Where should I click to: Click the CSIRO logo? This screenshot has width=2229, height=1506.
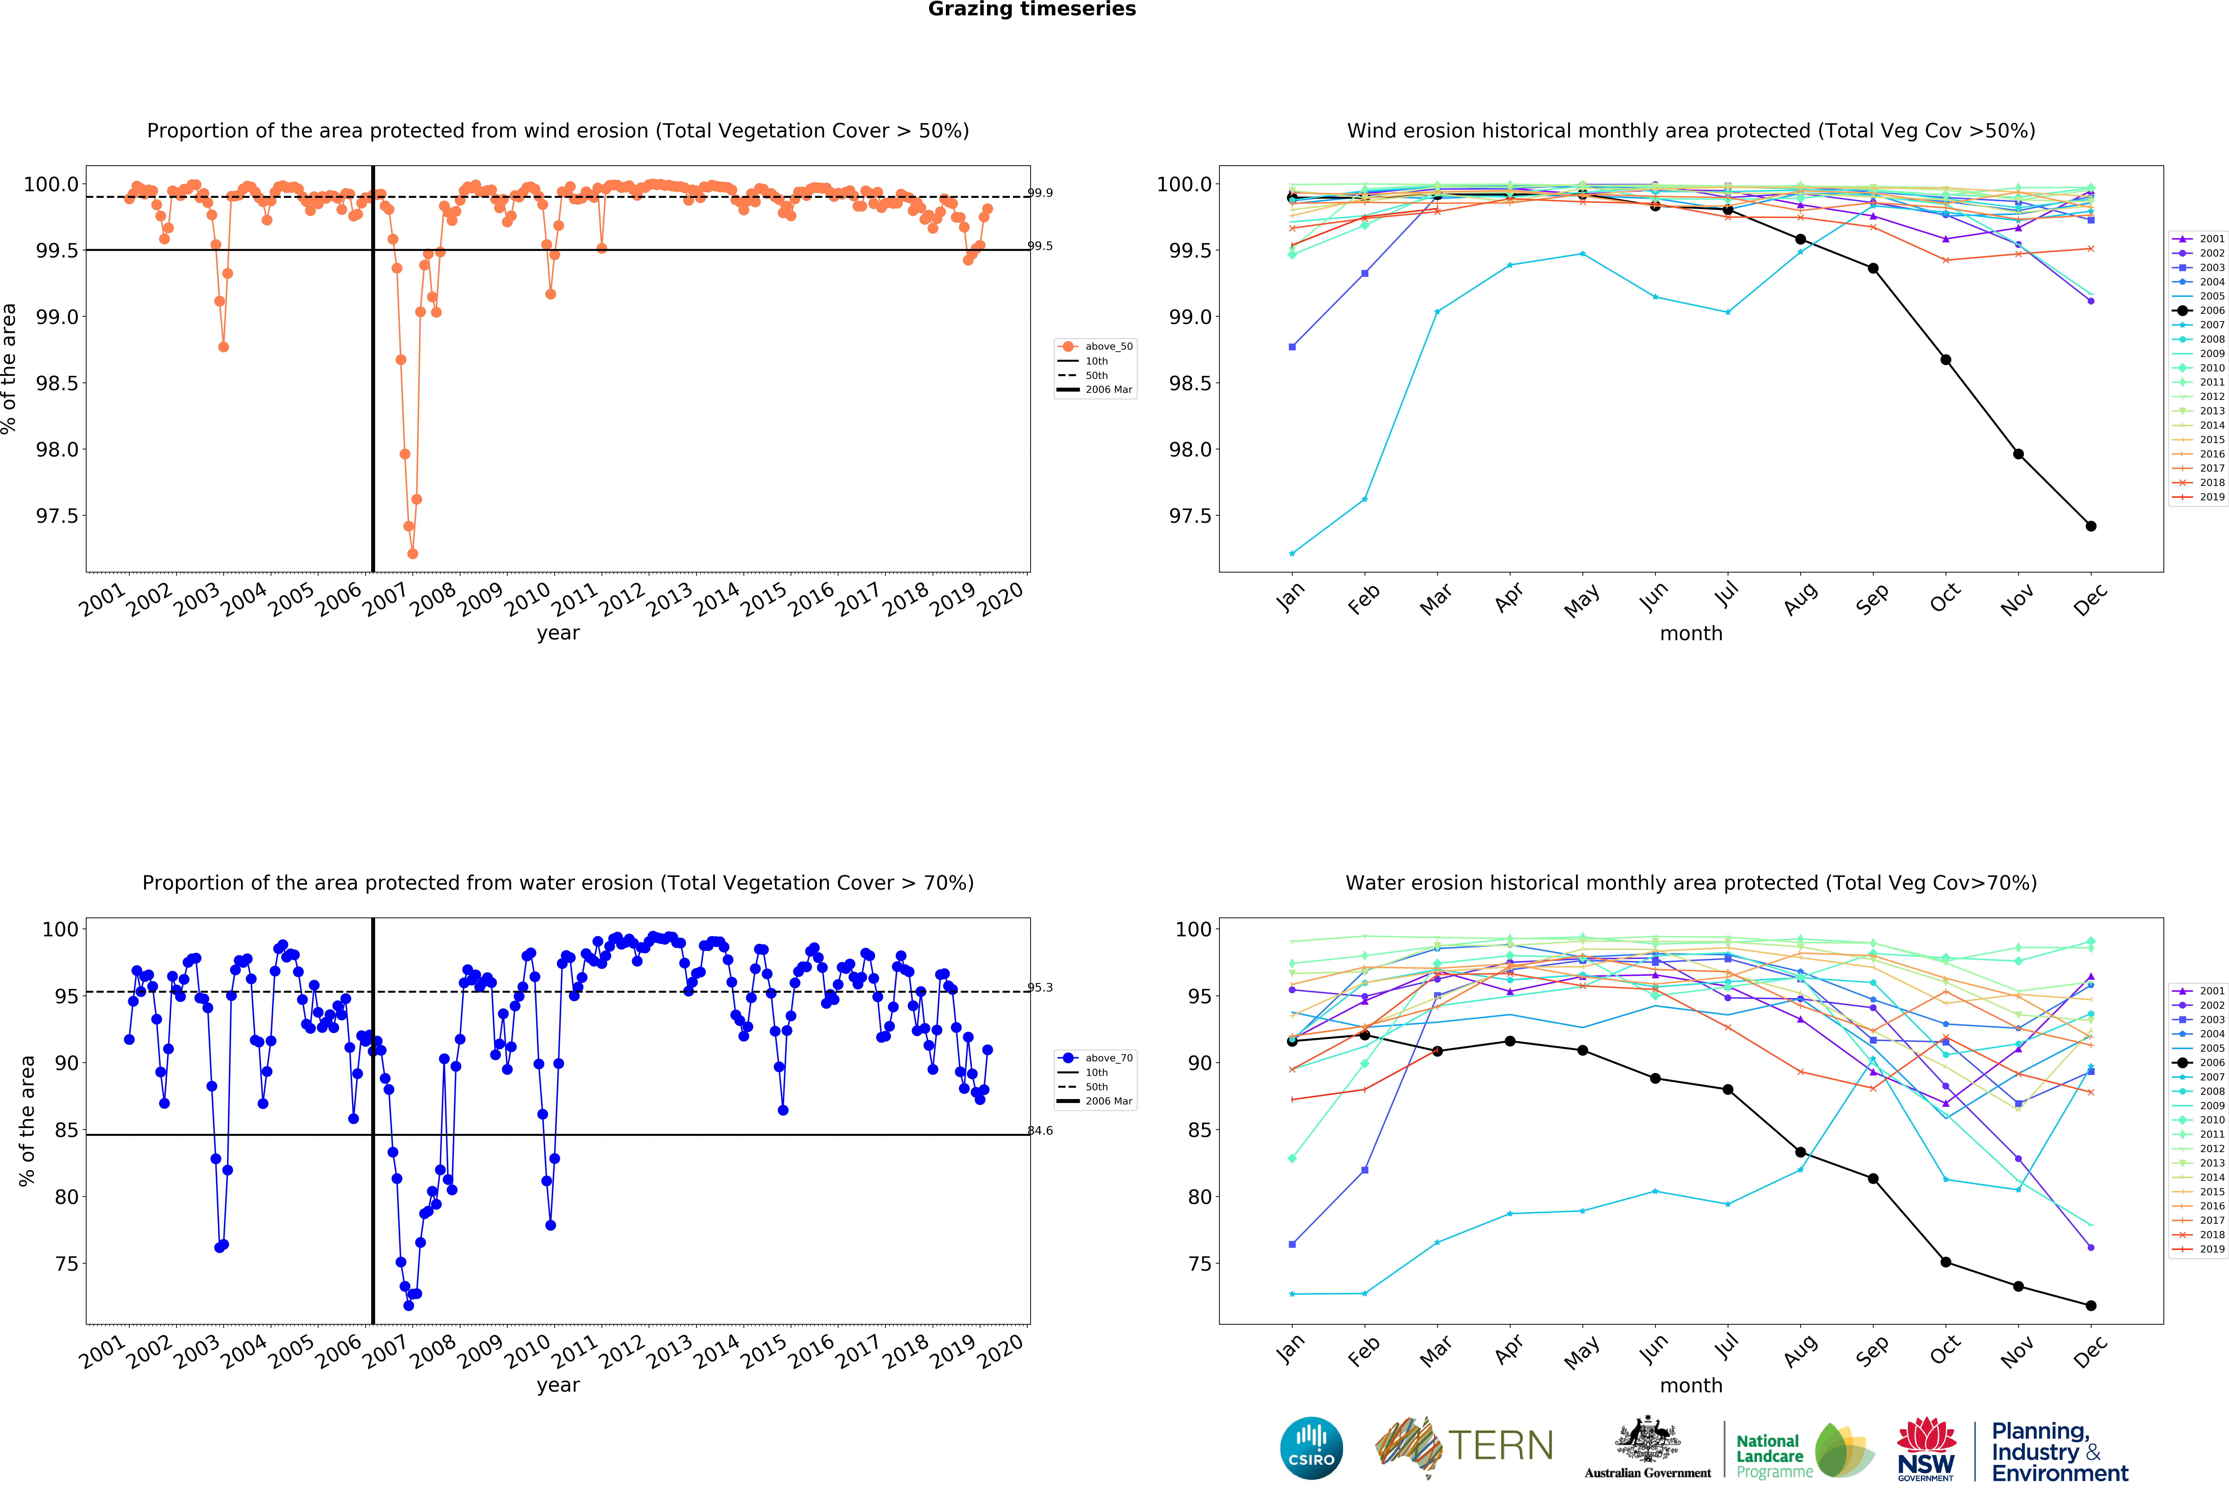[1311, 1448]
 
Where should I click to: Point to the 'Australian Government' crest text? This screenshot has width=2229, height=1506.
[1647, 1473]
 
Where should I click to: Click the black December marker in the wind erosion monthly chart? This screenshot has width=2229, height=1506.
[2091, 526]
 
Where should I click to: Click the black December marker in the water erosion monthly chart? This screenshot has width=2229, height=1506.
[2091, 1306]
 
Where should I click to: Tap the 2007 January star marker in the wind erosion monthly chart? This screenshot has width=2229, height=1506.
[1292, 553]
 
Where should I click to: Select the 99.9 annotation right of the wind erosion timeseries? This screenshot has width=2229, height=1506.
[1041, 193]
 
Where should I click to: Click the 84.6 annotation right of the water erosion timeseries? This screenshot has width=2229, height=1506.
[1041, 1131]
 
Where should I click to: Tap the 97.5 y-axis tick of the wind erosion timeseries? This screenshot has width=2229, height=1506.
[58, 516]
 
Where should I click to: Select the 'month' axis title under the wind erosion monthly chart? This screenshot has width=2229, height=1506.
[1691, 633]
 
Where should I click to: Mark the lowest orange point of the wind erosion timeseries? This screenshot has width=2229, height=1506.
[412, 553]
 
